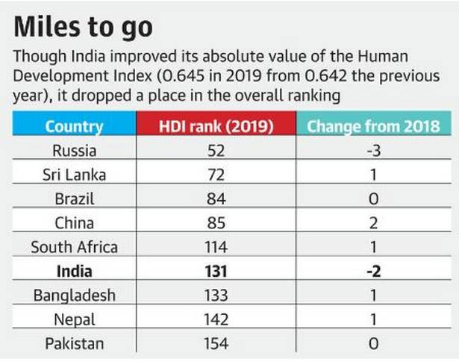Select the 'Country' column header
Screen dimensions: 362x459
[x=74, y=125]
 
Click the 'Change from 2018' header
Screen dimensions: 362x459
[x=373, y=125]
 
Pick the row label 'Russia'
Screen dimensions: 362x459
[x=74, y=150]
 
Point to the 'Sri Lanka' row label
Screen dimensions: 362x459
[x=74, y=175]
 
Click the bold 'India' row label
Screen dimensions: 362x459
[x=74, y=270]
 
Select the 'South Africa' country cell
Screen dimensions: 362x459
[x=74, y=246]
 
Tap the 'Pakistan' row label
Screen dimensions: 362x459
[x=74, y=343]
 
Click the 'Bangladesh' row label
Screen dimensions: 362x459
[x=74, y=295]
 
